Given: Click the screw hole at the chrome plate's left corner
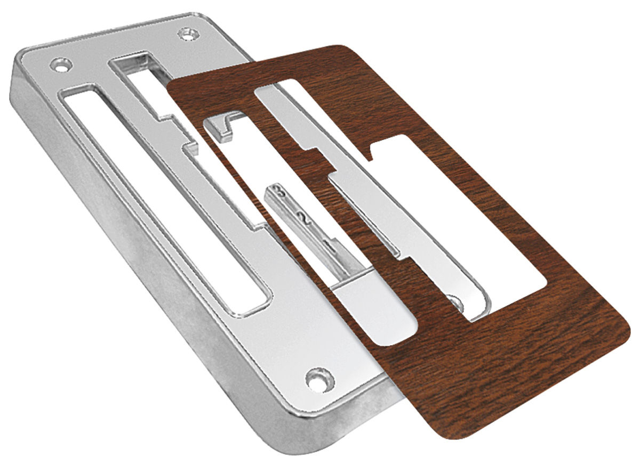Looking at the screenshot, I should tap(60, 66).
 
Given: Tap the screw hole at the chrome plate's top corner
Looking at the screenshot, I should tap(186, 34).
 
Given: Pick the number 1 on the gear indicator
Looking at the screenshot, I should tap(330, 246).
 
